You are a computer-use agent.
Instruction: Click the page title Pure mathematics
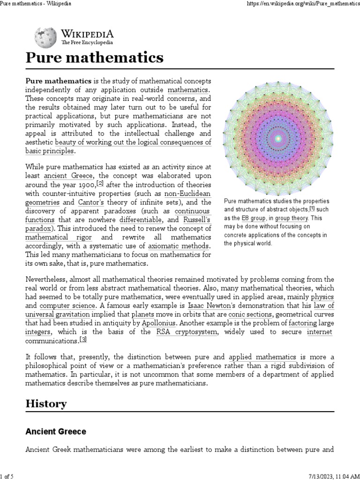point(94,58)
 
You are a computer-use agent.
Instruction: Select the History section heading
point(46,404)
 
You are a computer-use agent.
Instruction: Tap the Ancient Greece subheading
point(56,431)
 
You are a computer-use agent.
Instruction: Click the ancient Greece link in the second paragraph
point(69,175)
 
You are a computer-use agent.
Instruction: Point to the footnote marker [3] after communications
point(83,340)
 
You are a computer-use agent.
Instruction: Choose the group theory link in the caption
point(291,218)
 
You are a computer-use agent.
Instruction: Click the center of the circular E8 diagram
point(279,138)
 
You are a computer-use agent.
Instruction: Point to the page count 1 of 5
point(7,476)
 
